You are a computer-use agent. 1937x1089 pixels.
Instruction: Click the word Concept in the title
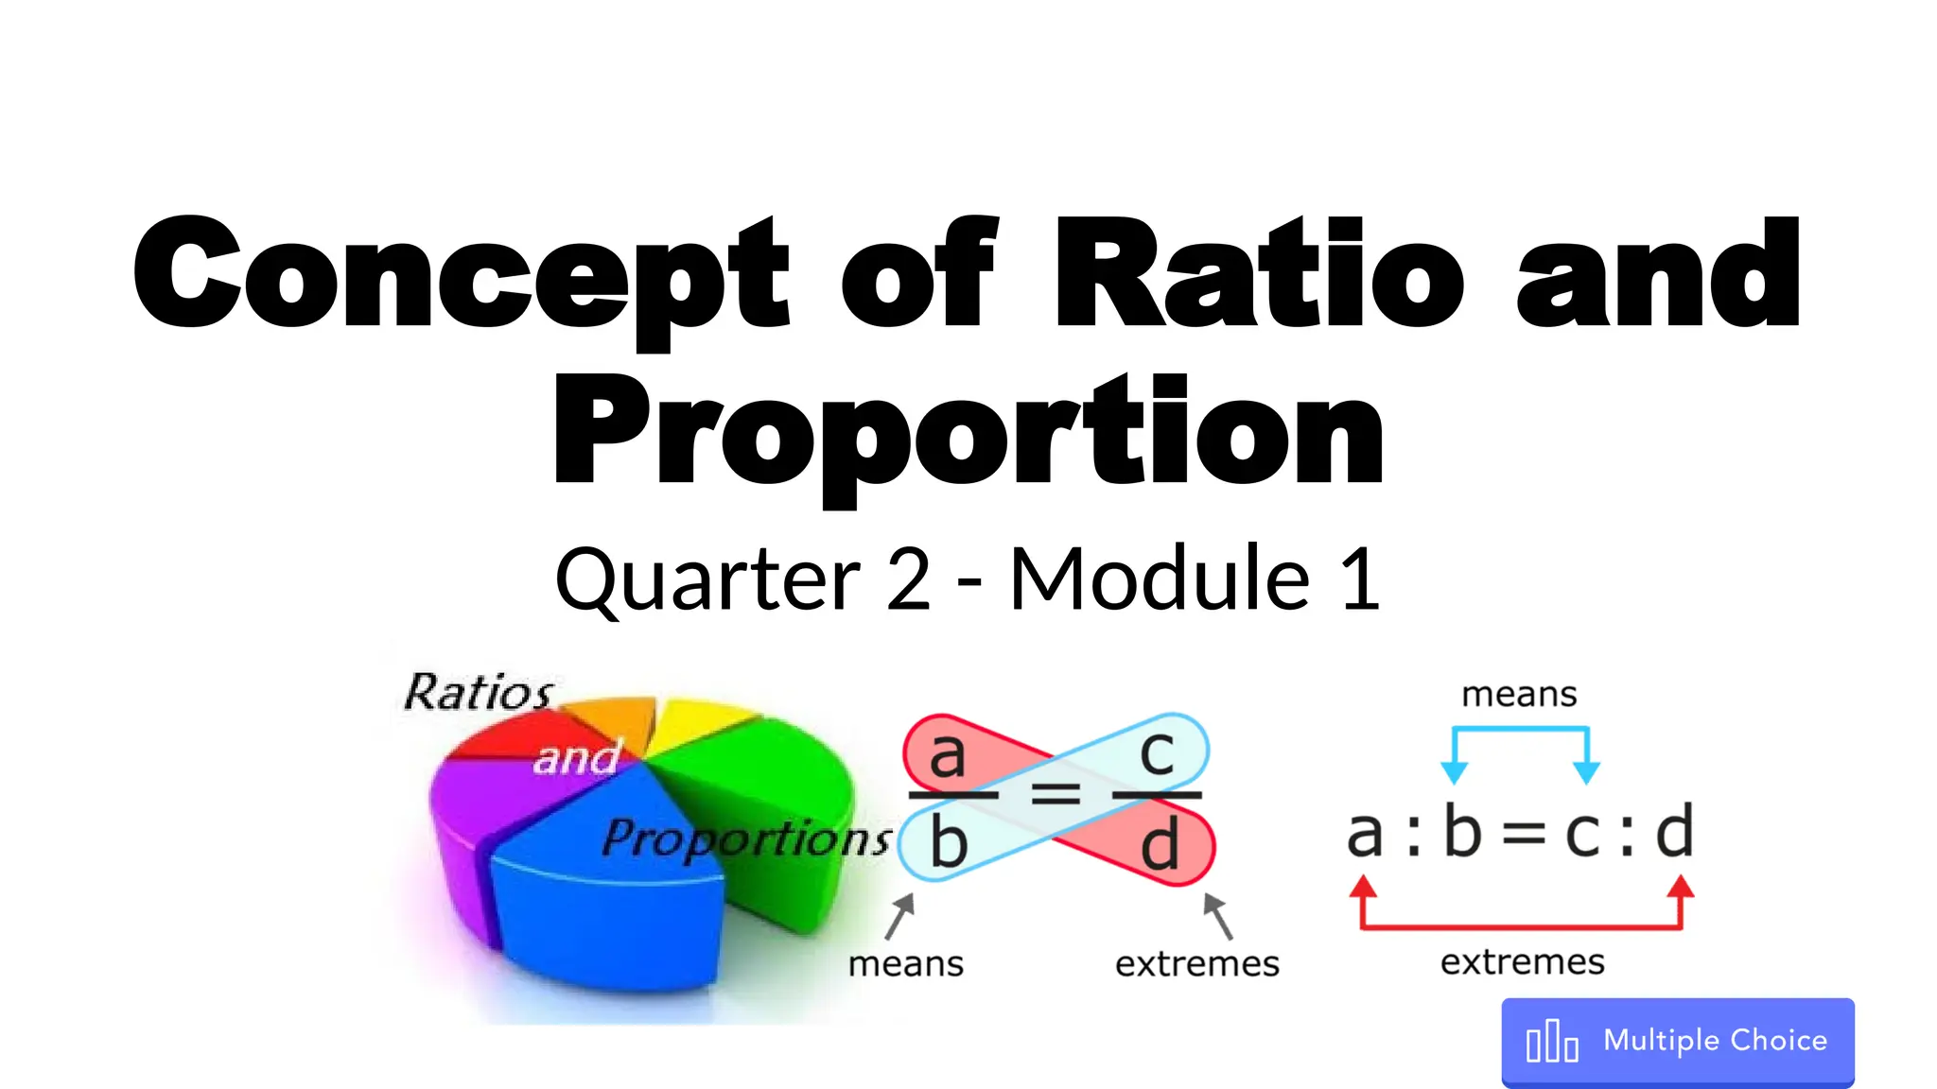click(x=461, y=274)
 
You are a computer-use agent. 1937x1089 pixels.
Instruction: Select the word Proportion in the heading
click(x=968, y=431)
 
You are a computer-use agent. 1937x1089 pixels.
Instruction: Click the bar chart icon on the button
click(x=1552, y=1042)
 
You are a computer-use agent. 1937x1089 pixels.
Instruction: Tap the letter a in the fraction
click(x=947, y=755)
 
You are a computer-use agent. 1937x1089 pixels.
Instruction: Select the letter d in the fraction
click(x=1160, y=844)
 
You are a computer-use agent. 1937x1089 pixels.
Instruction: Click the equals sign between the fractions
click(x=1055, y=794)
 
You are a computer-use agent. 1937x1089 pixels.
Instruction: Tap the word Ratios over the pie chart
click(x=479, y=692)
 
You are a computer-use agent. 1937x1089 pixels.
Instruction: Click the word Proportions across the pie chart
click(x=746, y=838)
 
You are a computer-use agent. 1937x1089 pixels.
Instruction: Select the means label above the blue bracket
click(x=1519, y=695)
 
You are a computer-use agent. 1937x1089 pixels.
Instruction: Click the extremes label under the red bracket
click(x=1522, y=962)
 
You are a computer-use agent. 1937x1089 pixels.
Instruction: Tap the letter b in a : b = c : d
click(x=1462, y=832)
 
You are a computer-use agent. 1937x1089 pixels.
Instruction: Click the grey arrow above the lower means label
click(x=900, y=916)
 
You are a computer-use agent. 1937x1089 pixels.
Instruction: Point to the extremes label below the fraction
click(x=1196, y=964)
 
